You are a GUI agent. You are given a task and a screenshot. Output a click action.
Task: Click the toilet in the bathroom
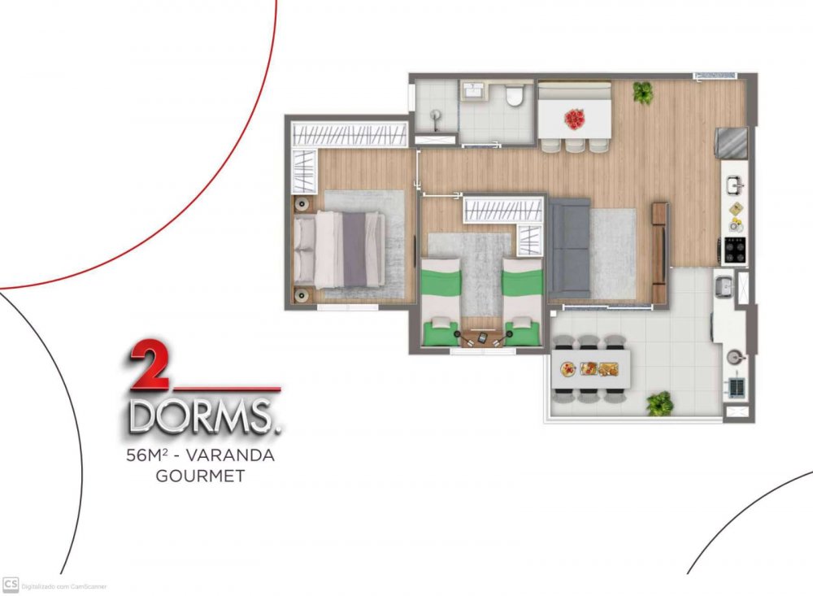point(515,95)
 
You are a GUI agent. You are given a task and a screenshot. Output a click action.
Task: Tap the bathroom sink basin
point(472,91)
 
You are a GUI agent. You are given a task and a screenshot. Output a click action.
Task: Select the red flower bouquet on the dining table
point(575,119)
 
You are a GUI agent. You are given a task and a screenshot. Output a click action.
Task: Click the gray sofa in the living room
point(569,249)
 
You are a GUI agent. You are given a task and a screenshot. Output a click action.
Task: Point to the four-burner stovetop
point(735,250)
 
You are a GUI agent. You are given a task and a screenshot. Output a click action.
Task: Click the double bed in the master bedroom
point(340,250)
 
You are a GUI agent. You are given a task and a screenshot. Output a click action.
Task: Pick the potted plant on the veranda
point(659,403)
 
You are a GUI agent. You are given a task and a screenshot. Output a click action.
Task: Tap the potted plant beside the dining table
point(643,93)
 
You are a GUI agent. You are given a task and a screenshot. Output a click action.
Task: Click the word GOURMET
point(200,476)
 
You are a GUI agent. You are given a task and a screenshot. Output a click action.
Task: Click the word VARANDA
point(230,455)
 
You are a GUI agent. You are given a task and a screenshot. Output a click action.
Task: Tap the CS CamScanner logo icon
point(11,585)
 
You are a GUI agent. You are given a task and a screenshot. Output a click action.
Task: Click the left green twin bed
point(441,302)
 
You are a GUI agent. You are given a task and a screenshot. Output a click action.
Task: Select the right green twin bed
point(523,302)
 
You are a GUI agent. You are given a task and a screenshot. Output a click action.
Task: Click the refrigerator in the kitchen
point(731,142)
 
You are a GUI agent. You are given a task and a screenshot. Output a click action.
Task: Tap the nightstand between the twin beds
point(481,338)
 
